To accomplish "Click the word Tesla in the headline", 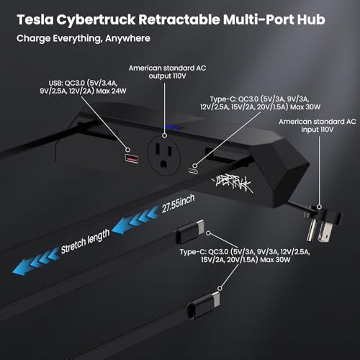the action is coord(35,19).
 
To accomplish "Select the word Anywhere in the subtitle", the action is coord(127,39).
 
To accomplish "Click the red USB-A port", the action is coord(132,158).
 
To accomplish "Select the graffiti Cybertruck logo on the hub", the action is coord(231,184).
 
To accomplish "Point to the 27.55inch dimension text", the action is coord(178,204).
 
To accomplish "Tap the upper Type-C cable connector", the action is coord(190,232).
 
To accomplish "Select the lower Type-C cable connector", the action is coord(204,305).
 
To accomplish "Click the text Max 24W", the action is coord(111,91).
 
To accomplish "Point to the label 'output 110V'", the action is coord(167,76).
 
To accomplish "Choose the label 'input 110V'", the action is coord(318,130).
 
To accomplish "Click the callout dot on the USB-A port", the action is coord(128,150).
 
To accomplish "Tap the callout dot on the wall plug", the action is coord(319,207).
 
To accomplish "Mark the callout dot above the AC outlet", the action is coord(164,135).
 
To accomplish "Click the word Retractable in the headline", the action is coord(179,19).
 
